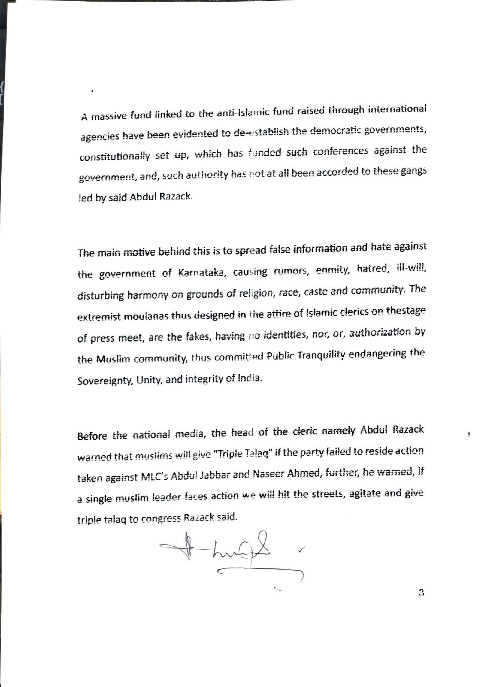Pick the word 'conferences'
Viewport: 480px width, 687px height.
341,151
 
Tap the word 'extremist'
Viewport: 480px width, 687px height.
97,316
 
